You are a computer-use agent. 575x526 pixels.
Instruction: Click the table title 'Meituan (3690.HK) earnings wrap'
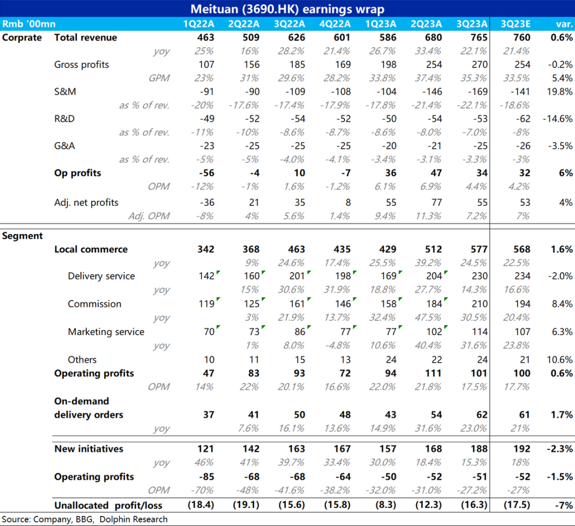[x=287, y=9]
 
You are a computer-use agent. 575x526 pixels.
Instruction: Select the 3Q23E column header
[x=515, y=24]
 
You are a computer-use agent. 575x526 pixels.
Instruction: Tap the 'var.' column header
[x=562, y=24]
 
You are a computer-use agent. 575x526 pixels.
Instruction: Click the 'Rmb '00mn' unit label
[x=29, y=24]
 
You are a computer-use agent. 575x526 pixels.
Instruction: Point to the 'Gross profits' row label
[x=81, y=65]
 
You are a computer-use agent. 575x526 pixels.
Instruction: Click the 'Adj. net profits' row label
[x=86, y=203]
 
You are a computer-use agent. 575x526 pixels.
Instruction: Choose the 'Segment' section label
[x=22, y=236]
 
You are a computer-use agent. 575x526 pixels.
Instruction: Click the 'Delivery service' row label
[x=101, y=277]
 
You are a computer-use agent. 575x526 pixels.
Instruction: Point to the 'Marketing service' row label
[x=106, y=332]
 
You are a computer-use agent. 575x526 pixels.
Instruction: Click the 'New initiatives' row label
[x=88, y=449]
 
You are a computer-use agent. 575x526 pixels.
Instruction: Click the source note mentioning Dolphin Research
[x=85, y=519]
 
